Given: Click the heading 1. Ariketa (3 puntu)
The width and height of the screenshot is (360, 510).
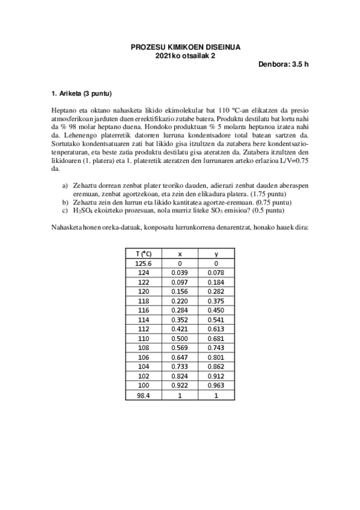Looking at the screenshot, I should click(82, 94).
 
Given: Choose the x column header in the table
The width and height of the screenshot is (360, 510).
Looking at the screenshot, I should click(180, 254).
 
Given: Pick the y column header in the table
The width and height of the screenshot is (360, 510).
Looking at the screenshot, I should click(216, 254).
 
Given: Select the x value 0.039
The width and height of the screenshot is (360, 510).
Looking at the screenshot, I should click(180, 272).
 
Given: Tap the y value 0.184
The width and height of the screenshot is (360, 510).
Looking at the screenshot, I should click(216, 282).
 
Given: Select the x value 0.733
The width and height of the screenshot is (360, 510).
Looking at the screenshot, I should click(180, 366).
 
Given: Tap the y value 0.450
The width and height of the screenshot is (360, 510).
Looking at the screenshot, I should click(216, 310).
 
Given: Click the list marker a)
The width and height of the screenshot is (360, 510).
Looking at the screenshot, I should click(66, 185).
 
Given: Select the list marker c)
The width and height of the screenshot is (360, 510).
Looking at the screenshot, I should click(66, 211).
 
